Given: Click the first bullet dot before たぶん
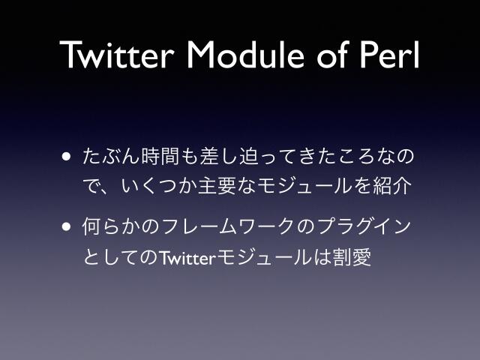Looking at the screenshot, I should tap(67, 158).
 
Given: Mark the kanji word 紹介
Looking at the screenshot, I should tap(395, 185).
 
